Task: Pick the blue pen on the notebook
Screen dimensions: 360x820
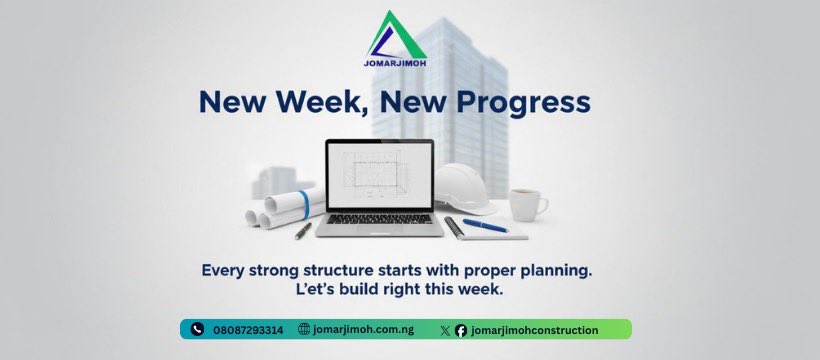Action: tap(484, 226)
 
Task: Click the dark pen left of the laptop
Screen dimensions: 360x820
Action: tap(303, 230)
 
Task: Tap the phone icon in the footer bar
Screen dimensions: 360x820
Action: tap(199, 330)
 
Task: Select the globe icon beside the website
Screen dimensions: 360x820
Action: tap(304, 330)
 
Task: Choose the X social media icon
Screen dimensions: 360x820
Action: tap(445, 330)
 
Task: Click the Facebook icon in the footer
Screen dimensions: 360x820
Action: tap(460, 330)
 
